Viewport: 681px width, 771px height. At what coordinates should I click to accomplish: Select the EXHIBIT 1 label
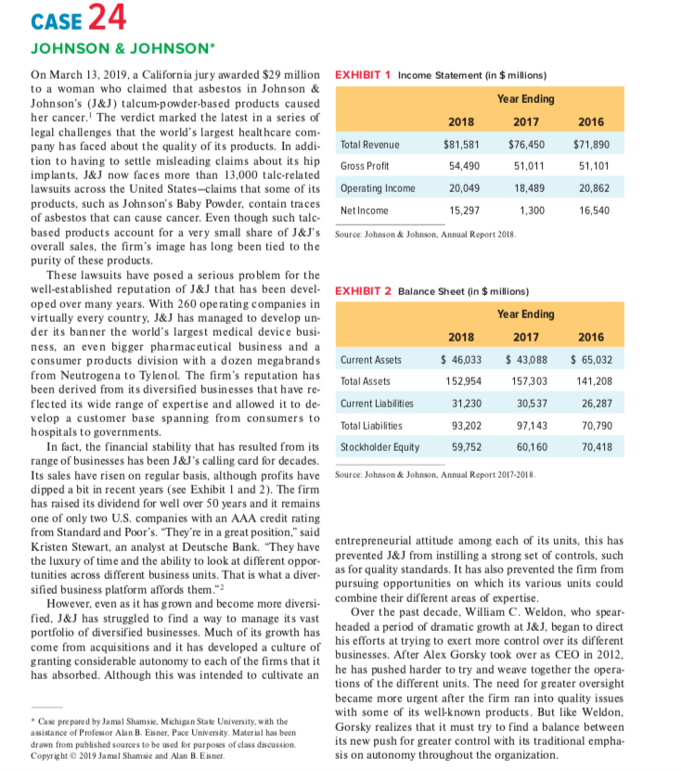[x=363, y=73]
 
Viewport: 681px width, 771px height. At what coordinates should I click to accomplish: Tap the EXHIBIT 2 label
[x=363, y=290]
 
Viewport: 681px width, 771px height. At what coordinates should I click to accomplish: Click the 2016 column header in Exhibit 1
[x=591, y=121]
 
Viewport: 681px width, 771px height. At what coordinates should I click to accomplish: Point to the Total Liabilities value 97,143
[x=528, y=426]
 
